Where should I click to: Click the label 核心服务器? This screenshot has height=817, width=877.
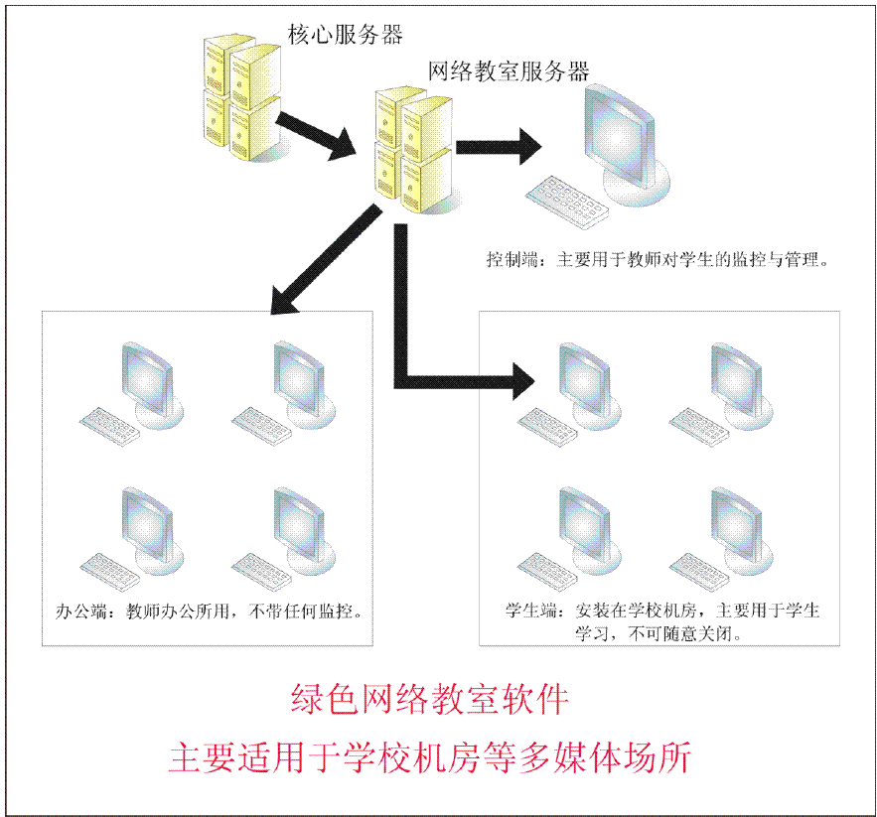click(x=345, y=34)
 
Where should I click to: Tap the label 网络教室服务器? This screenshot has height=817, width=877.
click(x=509, y=70)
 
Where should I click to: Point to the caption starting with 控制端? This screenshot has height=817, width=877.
click(x=657, y=260)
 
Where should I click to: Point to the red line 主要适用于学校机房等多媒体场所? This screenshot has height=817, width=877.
click(x=429, y=756)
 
